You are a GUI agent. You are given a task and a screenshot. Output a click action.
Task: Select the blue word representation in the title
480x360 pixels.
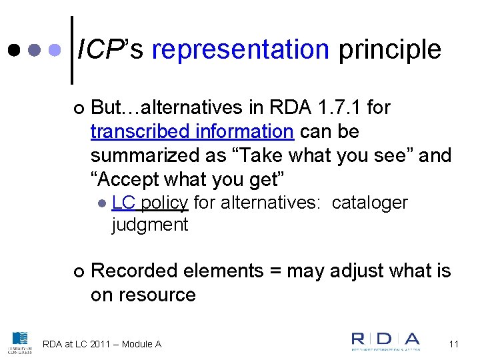tap(241, 49)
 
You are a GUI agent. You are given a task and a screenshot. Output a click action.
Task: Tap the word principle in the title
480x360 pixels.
tap(389, 49)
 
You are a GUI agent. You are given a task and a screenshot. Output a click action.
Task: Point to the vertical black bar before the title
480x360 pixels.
tap(72, 50)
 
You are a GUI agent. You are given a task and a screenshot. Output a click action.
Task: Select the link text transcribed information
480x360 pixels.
tap(191, 131)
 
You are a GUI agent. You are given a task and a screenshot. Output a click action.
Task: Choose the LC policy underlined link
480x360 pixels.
tap(150, 202)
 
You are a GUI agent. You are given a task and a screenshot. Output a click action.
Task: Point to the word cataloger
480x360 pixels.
tap(369, 202)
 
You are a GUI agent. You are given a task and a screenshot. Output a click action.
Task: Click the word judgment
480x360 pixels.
tap(150, 225)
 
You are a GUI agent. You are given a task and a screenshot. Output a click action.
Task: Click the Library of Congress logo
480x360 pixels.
tap(20, 342)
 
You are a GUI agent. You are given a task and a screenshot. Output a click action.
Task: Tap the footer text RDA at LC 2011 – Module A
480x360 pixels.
tap(102, 344)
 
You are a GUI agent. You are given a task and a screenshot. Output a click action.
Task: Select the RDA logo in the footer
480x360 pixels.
tap(386, 341)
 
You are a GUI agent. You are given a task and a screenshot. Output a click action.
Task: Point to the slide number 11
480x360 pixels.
tap(454, 344)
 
